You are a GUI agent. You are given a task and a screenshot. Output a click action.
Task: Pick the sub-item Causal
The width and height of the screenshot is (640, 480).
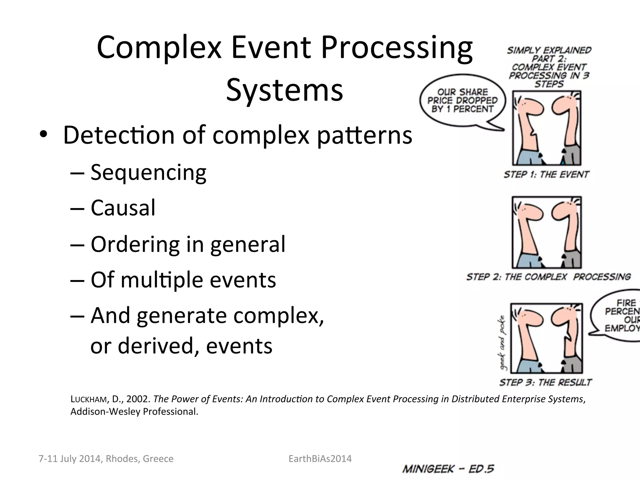pos(123,208)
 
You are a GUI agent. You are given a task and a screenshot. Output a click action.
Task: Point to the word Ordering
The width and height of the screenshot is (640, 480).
pos(135,244)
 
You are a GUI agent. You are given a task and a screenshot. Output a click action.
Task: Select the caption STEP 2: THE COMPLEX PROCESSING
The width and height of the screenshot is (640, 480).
pos(548,277)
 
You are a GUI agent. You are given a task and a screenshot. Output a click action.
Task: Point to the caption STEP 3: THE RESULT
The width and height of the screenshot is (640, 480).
pos(545,382)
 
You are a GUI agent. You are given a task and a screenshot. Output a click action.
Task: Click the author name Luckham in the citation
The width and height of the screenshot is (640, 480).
pos(89,399)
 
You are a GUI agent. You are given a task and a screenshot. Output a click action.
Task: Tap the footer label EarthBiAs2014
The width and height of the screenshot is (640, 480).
pos(320,458)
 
